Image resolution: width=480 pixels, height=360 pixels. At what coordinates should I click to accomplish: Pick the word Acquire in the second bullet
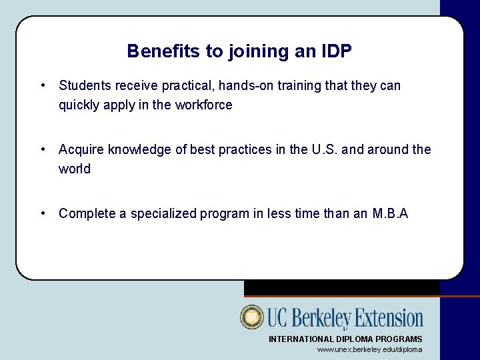click(81, 150)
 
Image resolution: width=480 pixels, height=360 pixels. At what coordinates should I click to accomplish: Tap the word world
click(75, 169)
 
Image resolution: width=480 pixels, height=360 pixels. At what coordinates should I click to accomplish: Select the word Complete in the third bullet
click(86, 214)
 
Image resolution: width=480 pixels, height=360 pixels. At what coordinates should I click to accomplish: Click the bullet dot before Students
click(43, 86)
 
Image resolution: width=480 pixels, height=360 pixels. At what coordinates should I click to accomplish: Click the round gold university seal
click(253, 317)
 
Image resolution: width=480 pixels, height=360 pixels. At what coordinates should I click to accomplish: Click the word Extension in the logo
click(389, 318)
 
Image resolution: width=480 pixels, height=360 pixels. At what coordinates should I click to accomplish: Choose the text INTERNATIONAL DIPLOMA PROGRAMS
click(345, 339)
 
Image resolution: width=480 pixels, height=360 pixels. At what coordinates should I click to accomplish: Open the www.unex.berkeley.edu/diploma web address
click(369, 350)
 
